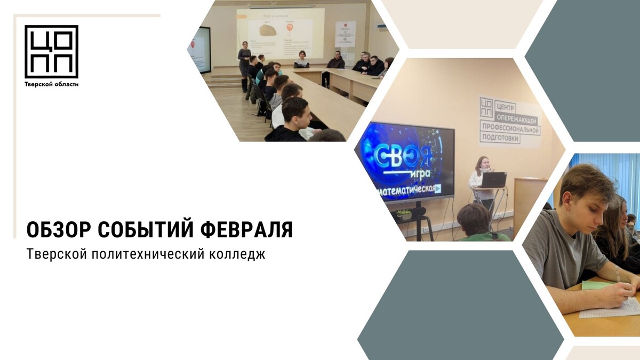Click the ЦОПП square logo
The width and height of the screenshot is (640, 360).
tap(51, 51)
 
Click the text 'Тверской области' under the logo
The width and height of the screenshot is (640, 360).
tap(51, 84)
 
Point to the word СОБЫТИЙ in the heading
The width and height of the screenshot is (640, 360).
tap(145, 230)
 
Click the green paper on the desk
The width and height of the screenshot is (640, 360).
tap(597, 285)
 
